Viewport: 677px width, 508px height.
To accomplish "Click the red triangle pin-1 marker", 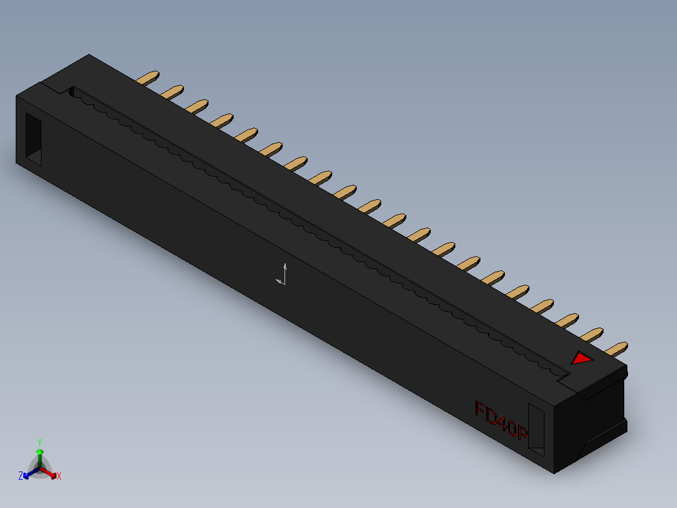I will [x=580, y=358].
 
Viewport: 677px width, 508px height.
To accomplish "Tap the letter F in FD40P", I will [x=482, y=411].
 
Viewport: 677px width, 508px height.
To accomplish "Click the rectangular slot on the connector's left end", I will [x=33, y=139].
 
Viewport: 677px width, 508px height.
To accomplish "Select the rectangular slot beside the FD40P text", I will [x=536, y=428].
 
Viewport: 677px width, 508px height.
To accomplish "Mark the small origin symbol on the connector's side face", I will [x=282, y=275].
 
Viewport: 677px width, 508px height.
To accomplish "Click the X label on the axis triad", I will [x=59, y=476].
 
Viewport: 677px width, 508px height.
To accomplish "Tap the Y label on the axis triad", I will [x=39, y=442].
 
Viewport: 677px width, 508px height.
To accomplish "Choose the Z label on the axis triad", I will [x=21, y=476].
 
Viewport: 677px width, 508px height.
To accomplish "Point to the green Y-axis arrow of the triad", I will [x=40, y=456].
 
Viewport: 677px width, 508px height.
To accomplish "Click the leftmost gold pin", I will [x=148, y=78].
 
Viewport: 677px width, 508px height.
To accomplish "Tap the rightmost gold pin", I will [x=616, y=348].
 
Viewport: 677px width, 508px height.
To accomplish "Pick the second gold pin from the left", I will [x=172, y=92].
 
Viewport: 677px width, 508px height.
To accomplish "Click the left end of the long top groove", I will [x=72, y=92].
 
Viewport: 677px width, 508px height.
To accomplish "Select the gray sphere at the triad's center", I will [x=40, y=468].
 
